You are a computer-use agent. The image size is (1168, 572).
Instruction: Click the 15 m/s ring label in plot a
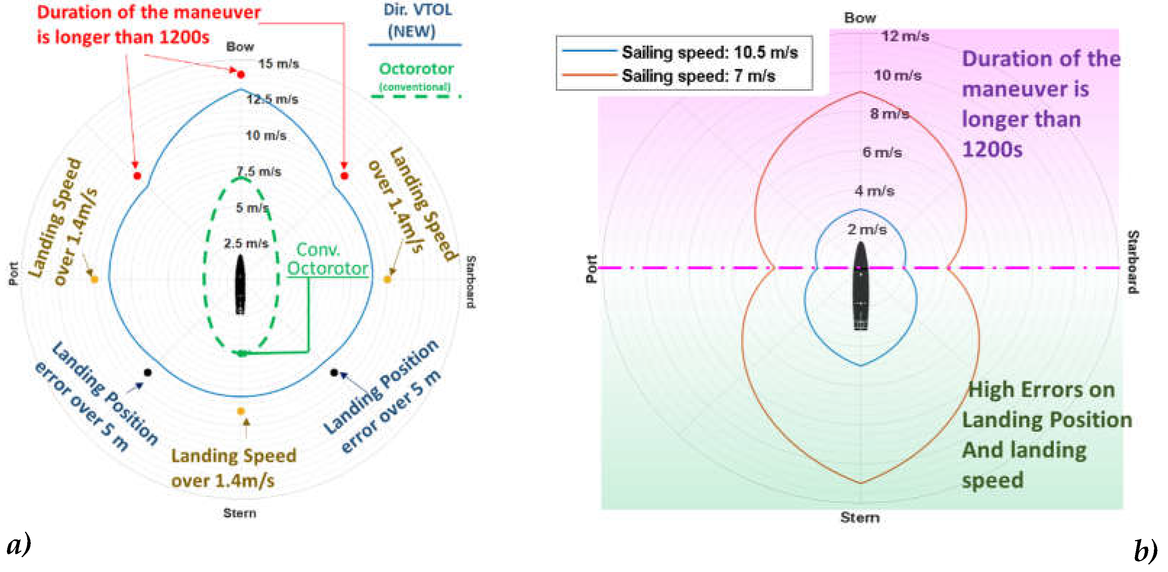coord(278,64)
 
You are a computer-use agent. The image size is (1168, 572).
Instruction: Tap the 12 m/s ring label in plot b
coord(905,36)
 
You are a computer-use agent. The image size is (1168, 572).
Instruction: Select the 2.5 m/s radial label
coord(246,244)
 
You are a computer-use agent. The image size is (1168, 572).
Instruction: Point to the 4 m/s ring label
coord(874,191)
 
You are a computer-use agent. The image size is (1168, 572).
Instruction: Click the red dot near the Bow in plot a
coord(241,74)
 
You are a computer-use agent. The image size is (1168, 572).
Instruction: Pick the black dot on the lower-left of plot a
coord(147,372)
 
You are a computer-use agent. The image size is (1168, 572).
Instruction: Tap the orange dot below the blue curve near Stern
coord(241,411)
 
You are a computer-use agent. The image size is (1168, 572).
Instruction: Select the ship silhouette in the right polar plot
coord(861,286)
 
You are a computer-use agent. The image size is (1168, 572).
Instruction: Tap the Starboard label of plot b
coord(1132,262)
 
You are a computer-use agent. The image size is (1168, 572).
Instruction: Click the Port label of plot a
coord(14,274)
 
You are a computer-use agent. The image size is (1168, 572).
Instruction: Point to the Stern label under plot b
coord(860,518)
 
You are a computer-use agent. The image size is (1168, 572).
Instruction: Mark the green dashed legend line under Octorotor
coord(415,96)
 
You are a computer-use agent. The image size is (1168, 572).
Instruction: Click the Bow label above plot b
coord(860,18)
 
